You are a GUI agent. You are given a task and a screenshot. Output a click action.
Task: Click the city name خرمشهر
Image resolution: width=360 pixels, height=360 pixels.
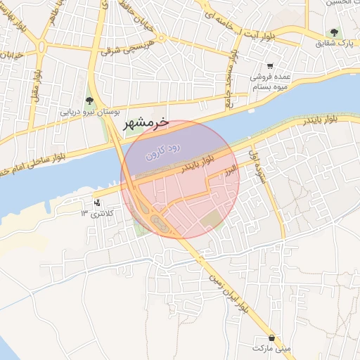(x=146, y=123)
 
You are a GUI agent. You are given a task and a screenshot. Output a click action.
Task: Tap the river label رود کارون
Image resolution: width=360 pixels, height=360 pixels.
(x=163, y=150)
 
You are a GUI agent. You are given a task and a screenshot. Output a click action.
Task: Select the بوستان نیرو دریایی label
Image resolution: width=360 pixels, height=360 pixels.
(x=89, y=112)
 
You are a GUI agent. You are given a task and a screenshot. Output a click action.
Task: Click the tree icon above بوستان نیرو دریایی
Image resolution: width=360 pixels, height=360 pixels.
(x=89, y=101)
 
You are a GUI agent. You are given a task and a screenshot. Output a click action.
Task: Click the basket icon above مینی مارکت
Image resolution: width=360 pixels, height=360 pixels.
(x=271, y=337)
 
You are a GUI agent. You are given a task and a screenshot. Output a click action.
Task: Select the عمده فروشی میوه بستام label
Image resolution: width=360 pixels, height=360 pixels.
(x=269, y=82)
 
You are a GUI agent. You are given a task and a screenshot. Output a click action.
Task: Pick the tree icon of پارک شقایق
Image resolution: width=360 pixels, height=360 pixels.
(x=334, y=32)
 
